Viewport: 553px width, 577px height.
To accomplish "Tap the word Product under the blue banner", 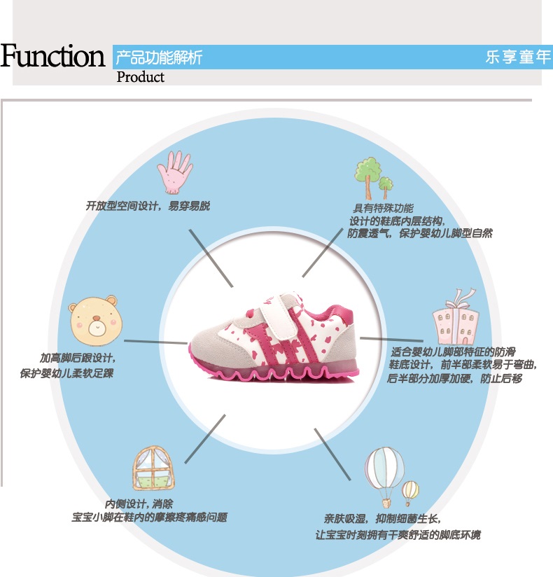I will tap(140, 77).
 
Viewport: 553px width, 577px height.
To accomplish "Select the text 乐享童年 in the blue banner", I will tap(518, 57).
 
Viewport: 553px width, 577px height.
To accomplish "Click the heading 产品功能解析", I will tap(159, 57).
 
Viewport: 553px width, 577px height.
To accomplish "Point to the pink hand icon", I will tap(174, 172).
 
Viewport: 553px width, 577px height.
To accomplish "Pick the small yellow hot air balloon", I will tap(411, 492).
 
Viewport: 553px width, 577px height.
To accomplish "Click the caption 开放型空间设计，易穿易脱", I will tap(148, 207).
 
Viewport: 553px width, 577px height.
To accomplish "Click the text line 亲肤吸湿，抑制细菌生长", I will tap(382, 519).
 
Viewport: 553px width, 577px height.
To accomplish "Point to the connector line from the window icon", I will tap(206, 438).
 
